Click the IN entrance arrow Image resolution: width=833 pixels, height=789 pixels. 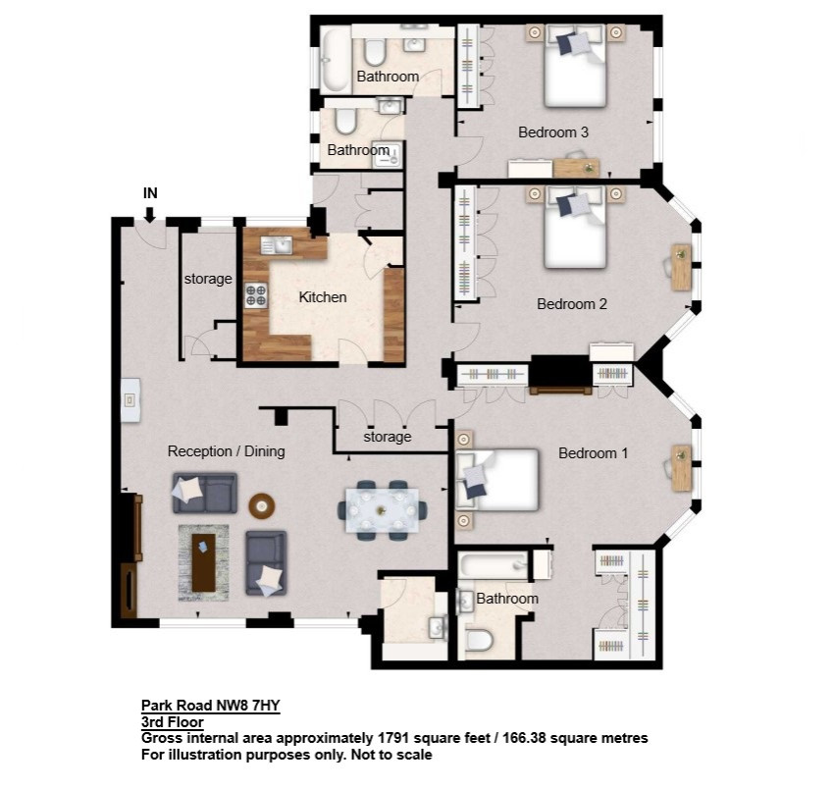point(150,214)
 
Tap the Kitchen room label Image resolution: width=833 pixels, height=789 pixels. point(323,297)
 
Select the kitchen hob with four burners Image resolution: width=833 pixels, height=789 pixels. point(255,295)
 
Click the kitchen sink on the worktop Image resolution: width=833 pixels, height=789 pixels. point(277,245)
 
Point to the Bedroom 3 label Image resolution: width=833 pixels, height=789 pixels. point(553,132)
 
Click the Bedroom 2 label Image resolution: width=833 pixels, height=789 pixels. point(572,304)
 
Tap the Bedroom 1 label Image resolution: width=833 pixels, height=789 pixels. point(593,453)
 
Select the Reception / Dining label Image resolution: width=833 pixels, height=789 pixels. point(227,451)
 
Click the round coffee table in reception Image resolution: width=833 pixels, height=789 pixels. point(262,505)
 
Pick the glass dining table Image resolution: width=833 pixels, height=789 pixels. point(381,510)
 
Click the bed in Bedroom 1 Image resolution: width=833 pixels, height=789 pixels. point(497,480)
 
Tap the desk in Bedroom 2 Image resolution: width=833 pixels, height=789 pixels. point(681,267)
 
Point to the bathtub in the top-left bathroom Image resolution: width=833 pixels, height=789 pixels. point(335,60)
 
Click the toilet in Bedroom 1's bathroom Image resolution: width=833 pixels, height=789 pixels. point(479,640)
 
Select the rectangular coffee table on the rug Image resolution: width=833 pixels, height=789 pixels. point(203,562)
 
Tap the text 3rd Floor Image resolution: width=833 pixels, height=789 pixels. point(172,722)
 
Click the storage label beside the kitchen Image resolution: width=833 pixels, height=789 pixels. point(208,279)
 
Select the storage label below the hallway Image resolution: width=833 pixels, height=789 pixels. point(388,437)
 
